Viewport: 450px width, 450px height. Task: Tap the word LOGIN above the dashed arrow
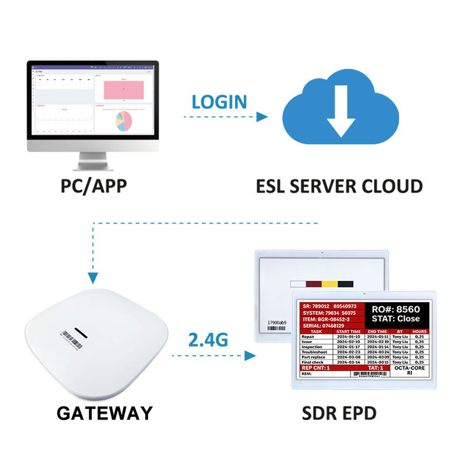219,102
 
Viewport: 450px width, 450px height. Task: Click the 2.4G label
208,338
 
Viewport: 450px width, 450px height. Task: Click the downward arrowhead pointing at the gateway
93,277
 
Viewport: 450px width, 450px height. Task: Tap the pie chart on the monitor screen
124,121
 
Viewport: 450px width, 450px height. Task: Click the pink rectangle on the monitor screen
124,89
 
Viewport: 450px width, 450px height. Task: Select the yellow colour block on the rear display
329,284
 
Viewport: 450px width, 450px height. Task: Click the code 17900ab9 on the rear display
277,322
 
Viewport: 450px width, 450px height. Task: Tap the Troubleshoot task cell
316,352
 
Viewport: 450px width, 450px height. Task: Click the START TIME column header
348,331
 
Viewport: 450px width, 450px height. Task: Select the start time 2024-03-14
348,362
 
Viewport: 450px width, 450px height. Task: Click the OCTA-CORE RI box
409,370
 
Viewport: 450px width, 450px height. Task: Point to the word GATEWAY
105,413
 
